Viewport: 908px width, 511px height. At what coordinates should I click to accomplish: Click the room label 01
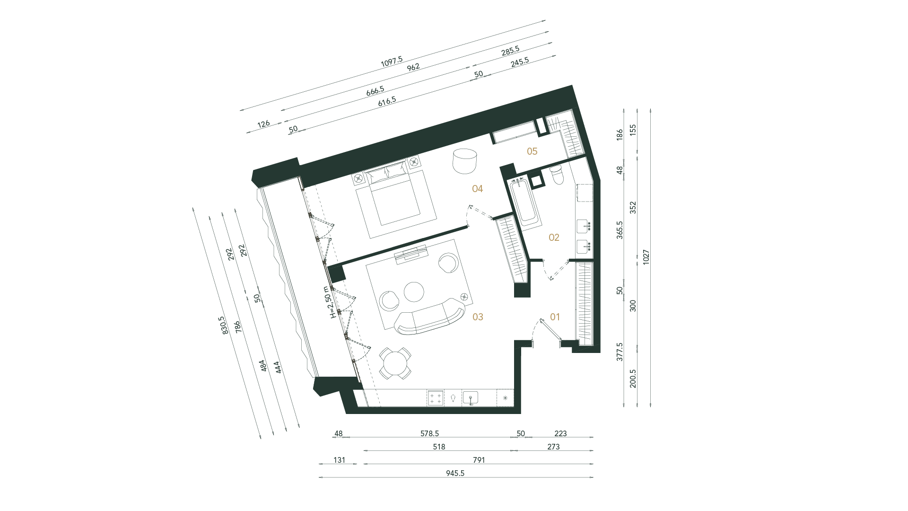click(555, 317)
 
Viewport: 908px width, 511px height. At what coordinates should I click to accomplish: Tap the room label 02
click(554, 238)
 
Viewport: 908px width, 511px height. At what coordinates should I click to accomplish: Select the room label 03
click(478, 317)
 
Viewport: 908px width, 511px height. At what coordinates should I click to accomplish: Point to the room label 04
click(478, 189)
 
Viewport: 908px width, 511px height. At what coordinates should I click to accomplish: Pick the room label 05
click(532, 151)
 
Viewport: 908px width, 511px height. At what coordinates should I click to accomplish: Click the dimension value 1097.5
click(392, 61)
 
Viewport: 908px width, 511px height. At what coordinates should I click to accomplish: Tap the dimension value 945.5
click(455, 473)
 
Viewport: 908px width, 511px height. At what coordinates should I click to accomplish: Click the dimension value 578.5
click(429, 433)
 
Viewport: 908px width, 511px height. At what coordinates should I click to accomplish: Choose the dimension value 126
click(263, 124)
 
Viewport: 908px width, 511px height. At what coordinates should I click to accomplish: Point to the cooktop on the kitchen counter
click(436, 398)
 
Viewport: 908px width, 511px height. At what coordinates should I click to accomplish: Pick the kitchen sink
click(471, 398)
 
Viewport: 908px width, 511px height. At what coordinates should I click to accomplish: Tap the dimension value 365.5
click(620, 230)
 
